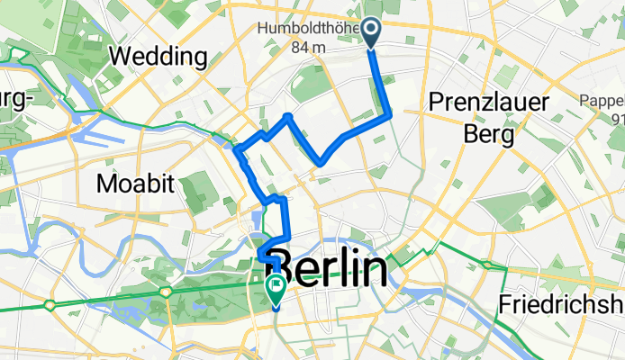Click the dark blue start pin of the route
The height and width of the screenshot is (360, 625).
(373, 33)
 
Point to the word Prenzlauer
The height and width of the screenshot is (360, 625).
(490, 103)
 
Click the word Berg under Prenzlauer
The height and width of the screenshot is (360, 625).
(489, 134)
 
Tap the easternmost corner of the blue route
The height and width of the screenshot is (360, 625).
(390, 114)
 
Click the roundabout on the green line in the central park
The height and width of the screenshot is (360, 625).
(167, 292)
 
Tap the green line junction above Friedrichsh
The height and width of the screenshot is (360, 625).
(486, 265)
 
